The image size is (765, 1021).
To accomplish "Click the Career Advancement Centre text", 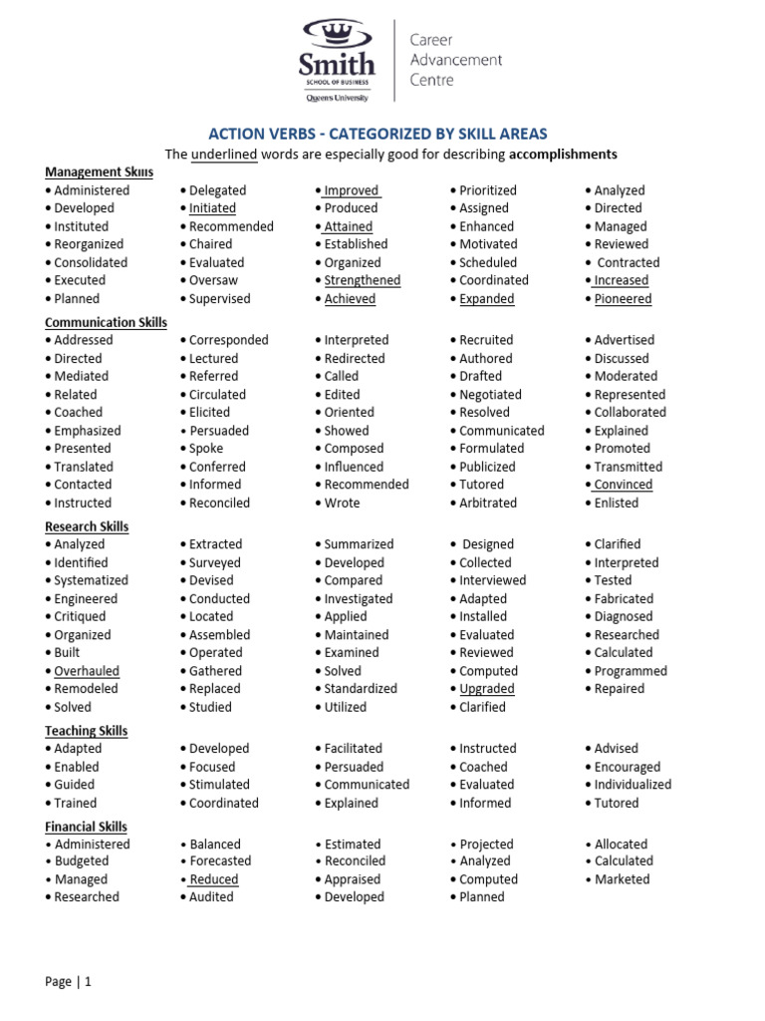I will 456,60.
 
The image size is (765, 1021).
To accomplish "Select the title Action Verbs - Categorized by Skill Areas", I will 378,134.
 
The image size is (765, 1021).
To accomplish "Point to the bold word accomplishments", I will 563,155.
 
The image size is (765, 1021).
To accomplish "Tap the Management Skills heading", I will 99,172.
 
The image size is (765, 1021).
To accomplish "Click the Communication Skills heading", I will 106,322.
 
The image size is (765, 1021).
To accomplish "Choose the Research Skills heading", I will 87,526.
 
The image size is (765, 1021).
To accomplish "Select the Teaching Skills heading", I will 86,731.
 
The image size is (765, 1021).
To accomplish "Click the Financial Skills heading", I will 86,827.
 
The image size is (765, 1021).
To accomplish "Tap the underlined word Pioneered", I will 623,299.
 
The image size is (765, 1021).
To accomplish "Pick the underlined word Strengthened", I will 363,280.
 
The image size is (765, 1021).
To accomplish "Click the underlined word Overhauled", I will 87,671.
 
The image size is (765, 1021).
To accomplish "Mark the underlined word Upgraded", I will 487,689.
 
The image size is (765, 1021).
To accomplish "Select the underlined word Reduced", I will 214,879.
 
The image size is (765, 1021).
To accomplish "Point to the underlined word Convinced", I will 624,485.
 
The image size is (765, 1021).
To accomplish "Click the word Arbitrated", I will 488,504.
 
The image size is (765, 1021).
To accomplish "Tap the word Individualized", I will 633,785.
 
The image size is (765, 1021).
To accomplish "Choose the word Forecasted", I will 220,861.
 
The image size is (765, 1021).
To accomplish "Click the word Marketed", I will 622,879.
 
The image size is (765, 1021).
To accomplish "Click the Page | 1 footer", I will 68,982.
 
